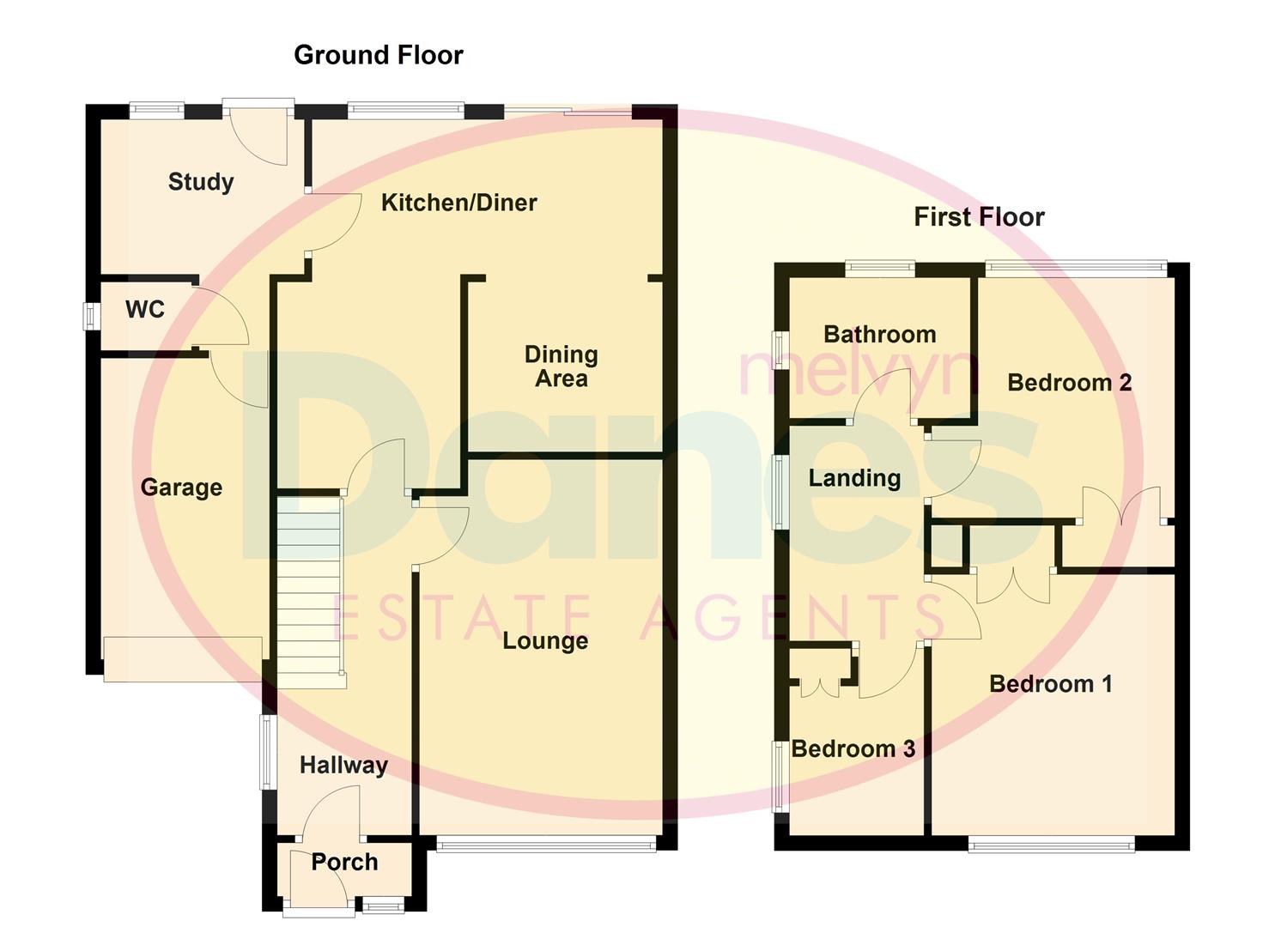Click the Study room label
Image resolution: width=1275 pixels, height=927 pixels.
click(201, 182)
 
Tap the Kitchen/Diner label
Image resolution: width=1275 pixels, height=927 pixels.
click(458, 203)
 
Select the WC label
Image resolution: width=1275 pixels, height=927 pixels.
click(144, 309)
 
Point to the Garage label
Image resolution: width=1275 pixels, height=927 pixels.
click(181, 488)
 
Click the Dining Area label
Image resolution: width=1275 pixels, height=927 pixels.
click(561, 367)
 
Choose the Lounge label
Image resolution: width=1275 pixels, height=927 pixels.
click(545, 641)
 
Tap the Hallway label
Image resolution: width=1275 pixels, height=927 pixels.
click(343, 765)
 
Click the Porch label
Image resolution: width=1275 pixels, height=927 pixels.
click(344, 862)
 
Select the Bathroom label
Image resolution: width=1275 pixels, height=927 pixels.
click(879, 334)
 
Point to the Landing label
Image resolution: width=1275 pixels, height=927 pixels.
click(854, 478)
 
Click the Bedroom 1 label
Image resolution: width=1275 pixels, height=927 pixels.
click(1050, 684)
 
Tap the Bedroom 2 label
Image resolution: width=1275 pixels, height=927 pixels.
click(1069, 382)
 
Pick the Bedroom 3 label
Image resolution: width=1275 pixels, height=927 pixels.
click(853, 748)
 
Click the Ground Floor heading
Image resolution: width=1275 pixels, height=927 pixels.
click(378, 55)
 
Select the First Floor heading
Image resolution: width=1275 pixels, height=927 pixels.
click(979, 217)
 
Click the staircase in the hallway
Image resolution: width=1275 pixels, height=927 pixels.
click(310, 592)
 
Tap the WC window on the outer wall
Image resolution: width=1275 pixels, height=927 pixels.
click(88, 315)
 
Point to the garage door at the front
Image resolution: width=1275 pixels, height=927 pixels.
click(182, 658)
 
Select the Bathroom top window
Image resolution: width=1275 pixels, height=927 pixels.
click(879, 268)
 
